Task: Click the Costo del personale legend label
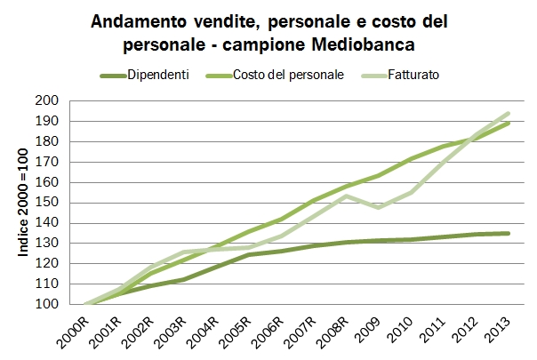tap(289, 75)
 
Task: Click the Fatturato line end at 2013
tap(509, 113)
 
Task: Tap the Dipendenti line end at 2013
tap(509, 233)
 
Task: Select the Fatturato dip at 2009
tap(380, 207)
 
